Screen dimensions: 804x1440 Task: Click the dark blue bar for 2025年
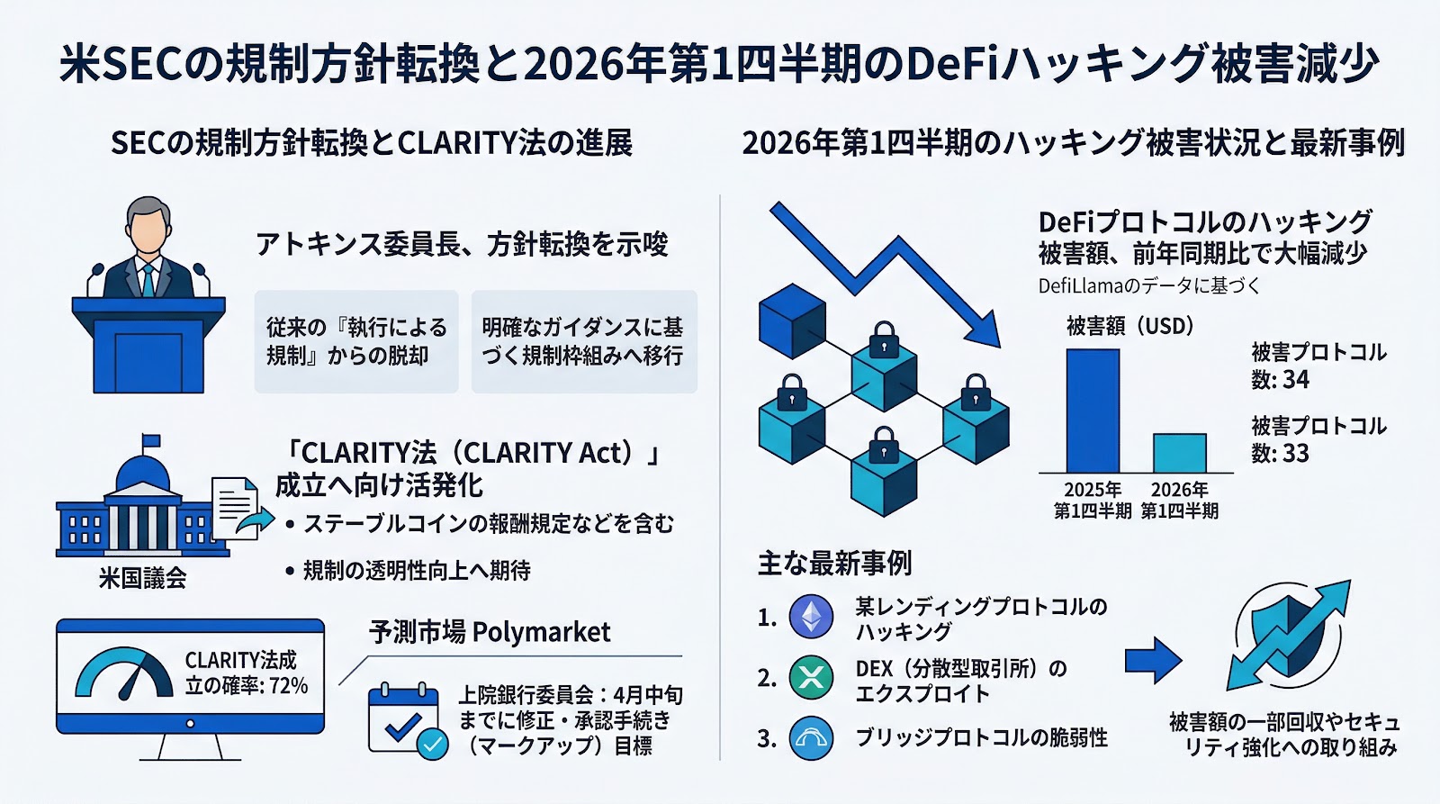click(x=1093, y=411)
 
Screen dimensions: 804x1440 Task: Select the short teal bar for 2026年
click(x=1179, y=453)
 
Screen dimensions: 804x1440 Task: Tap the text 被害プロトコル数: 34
click(x=1318, y=366)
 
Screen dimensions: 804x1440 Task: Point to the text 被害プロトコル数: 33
click(x=1318, y=439)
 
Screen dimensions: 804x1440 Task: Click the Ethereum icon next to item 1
click(x=811, y=617)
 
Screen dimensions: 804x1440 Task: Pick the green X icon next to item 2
click(x=811, y=678)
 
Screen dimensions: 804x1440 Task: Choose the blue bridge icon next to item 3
click(x=811, y=738)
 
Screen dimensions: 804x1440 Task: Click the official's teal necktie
click(x=148, y=280)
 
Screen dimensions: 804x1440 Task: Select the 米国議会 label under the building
click(x=142, y=578)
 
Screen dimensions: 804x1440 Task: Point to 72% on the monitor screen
click(x=288, y=686)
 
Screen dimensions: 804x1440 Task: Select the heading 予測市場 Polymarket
click(x=490, y=632)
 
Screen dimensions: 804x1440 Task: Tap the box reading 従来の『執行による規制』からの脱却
click(x=356, y=341)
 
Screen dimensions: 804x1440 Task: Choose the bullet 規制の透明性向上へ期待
click(x=416, y=571)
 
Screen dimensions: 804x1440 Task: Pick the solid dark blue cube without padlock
click(x=792, y=321)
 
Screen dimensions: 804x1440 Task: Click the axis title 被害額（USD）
click(x=1129, y=326)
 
